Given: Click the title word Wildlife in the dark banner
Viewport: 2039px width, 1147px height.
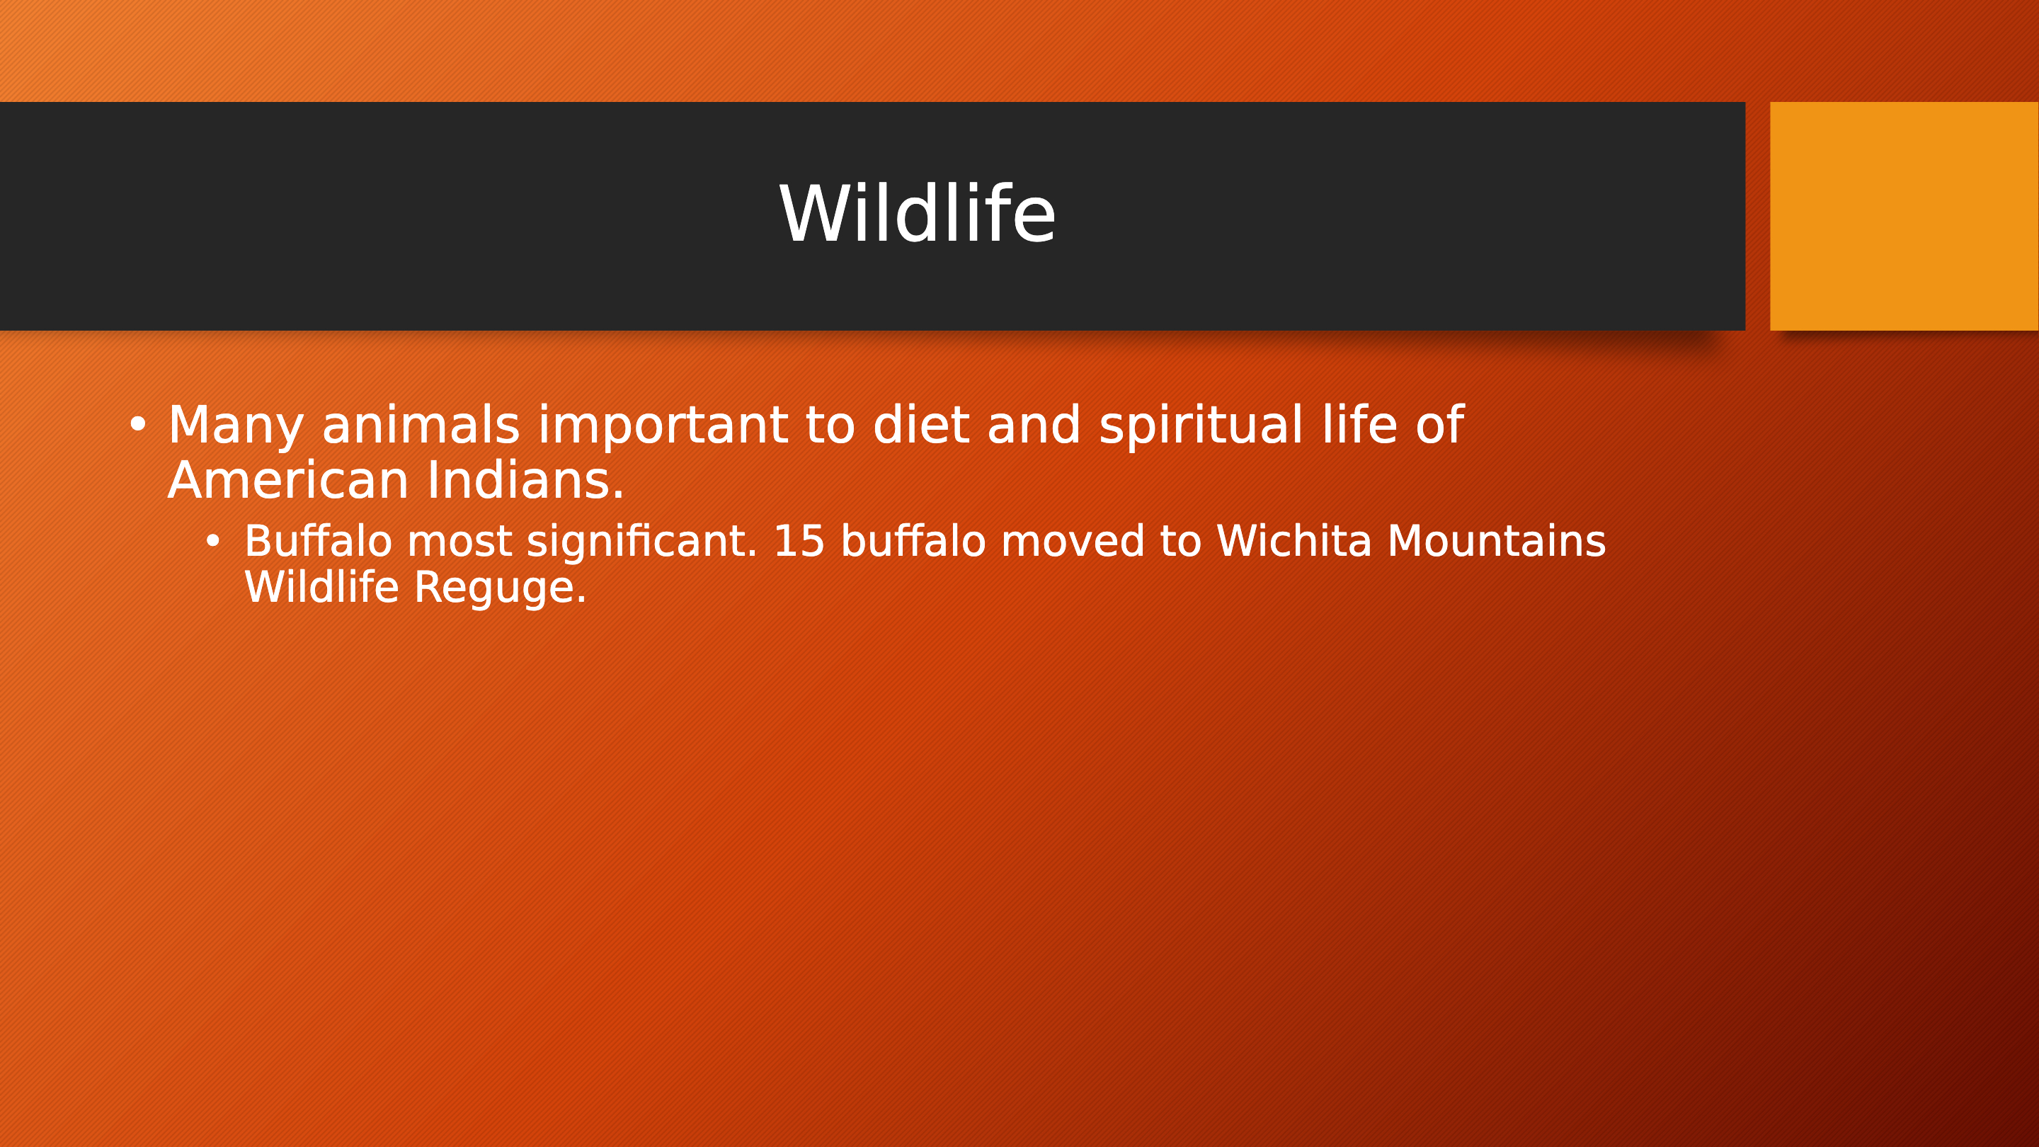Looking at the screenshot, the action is click(x=918, y=214).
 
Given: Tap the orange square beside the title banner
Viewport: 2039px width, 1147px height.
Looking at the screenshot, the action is click(x=1904, y=216).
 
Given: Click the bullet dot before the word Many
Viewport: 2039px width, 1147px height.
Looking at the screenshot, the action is click(x=138, y=425).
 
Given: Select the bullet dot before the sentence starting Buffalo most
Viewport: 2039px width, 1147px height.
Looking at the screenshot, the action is click(x=213, y=542).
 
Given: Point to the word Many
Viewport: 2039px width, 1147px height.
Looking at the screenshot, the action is click(x=236, y=427).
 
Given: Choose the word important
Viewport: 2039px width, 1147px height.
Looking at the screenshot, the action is click(x=663, y=428).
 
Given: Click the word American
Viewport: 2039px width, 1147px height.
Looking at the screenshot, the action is click(x=288, y=481).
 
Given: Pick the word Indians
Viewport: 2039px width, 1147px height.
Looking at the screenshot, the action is click(x=525, y=481).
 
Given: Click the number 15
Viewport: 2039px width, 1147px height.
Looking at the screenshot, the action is click(x=799, y=542).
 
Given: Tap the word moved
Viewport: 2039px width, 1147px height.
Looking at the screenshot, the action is click(x=1073, y=542).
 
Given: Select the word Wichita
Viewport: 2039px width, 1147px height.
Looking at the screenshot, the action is click(x=1293, y=542).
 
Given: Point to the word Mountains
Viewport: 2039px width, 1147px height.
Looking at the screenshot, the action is click(x=1496, y=542).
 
